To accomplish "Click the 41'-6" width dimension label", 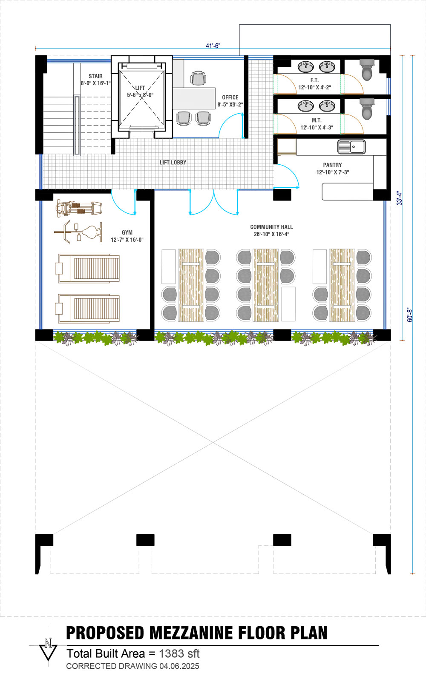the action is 213,46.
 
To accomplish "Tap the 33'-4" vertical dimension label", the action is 399,198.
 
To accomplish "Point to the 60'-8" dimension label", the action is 410,315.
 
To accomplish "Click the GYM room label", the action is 127,232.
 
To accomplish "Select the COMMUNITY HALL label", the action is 271,227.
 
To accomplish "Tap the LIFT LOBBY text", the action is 173,162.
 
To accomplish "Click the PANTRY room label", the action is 332,165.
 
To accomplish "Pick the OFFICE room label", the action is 230,97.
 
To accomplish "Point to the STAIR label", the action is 95,76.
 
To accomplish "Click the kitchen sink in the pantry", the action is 351,147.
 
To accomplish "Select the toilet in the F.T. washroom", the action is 367,70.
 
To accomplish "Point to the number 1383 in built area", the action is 171,653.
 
